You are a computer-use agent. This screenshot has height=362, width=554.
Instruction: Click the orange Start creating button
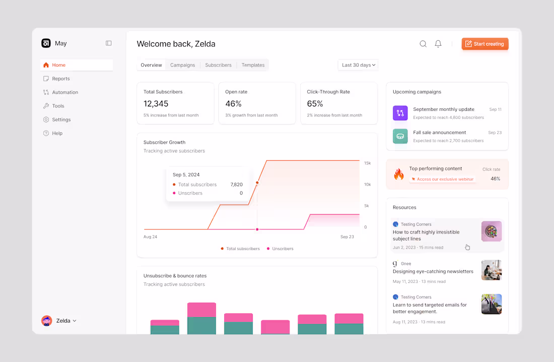point(484,44)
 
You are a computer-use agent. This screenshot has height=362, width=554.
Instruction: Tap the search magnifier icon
point(423,44)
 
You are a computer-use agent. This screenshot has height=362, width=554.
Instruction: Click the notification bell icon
point(438,44)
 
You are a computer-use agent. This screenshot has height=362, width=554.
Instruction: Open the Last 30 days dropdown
point(358,65)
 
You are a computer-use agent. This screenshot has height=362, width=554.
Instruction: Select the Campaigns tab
point(182,65)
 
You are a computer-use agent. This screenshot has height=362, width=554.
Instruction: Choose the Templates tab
point(253,65)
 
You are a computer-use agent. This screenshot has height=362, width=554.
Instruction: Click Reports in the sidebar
point(61,79)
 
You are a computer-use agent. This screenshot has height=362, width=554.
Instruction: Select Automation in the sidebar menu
point(65,92)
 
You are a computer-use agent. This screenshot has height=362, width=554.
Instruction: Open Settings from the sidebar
point(61,119)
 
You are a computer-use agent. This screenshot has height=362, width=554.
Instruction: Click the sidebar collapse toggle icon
point(109,43)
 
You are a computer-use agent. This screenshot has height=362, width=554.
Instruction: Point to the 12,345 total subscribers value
point(156,104)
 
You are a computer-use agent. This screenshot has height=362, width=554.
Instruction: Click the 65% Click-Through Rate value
point(315,104)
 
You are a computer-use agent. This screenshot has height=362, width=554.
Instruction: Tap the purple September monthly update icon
point(400,113)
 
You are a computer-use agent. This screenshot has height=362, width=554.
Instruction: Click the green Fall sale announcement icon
point(400,136)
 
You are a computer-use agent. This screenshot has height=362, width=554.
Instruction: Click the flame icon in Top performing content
point(399,174)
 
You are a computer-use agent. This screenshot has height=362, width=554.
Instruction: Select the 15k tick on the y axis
point(368,163)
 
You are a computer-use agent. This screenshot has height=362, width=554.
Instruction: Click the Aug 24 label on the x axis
point(150,236)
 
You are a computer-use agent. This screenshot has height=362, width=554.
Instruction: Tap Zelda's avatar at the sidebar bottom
point(47,321)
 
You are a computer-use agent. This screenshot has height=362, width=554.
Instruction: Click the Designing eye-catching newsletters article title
point(433,271)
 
